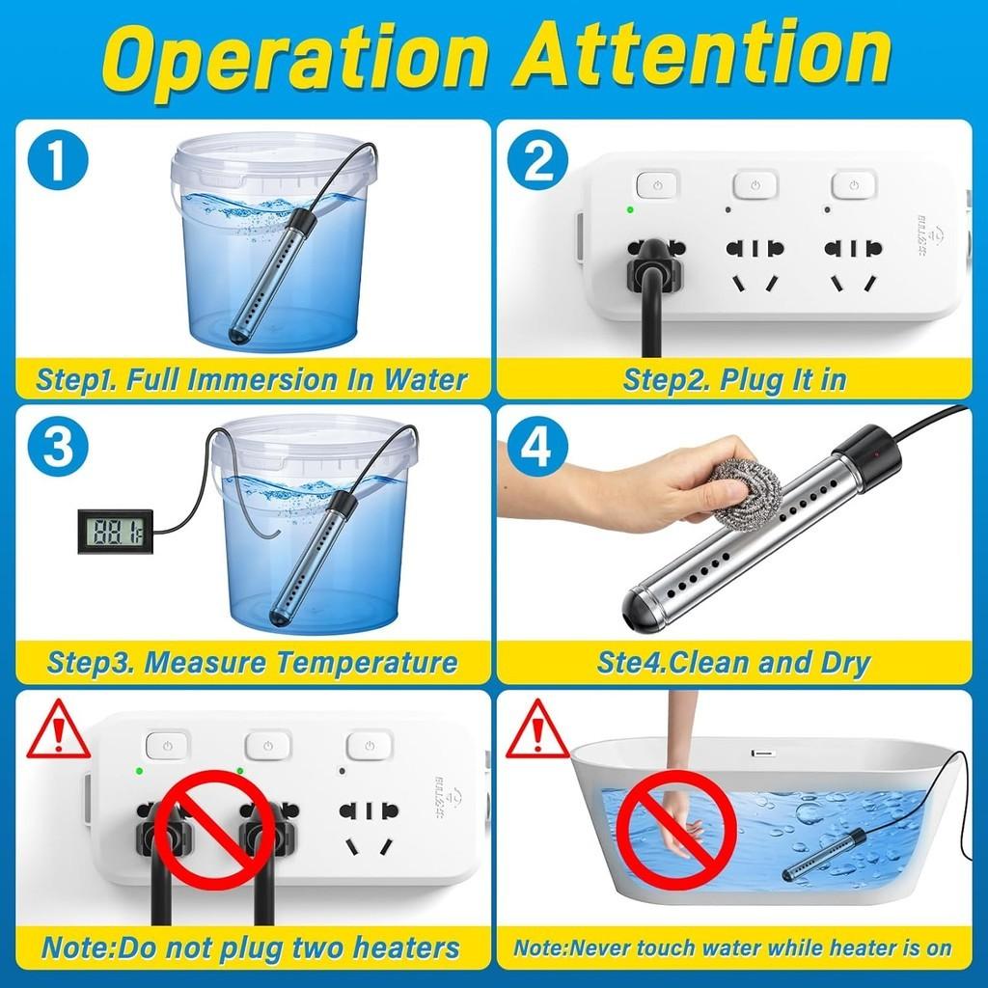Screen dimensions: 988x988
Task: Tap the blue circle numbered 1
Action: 58,160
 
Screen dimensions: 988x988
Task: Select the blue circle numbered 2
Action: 537,160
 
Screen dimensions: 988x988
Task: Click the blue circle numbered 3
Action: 58,446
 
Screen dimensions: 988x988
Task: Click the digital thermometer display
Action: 115,530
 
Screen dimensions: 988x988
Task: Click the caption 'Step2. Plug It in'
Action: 734,379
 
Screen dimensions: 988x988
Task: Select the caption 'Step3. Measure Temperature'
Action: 252,663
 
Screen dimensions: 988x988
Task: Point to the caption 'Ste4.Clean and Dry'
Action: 733,663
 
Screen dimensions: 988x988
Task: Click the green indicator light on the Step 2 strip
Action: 630,208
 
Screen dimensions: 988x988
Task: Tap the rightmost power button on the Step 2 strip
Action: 853,184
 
